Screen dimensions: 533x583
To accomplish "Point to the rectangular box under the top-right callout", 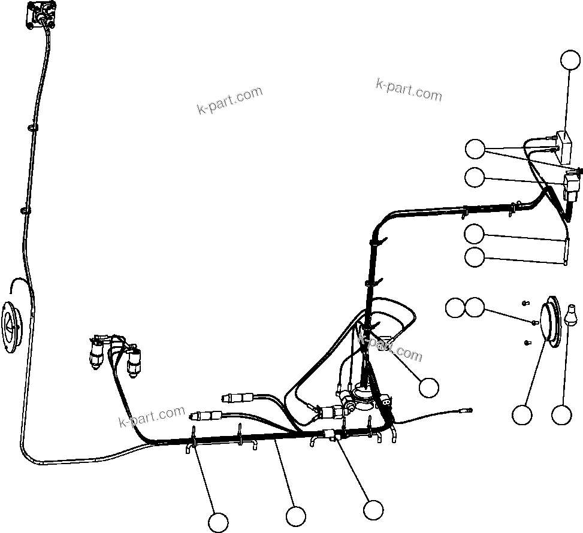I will (x=563, y=147).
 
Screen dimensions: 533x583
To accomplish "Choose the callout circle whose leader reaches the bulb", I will (x=561, y=414).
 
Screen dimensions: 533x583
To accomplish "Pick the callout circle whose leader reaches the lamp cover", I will (x=522, y=414).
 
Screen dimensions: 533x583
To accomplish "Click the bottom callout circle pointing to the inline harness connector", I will (x=373, y=510).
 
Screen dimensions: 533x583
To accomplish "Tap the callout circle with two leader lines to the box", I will (x=476, y=149).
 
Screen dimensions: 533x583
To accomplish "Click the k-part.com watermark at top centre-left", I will (x=229, y=100).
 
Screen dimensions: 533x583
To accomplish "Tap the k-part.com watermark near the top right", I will (x=409, y=90).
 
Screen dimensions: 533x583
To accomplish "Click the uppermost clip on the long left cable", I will (x=31, y=127).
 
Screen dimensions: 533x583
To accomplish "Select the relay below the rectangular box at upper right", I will (x=573, y=182).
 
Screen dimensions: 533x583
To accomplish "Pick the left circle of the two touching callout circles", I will (x=455, y=308).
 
